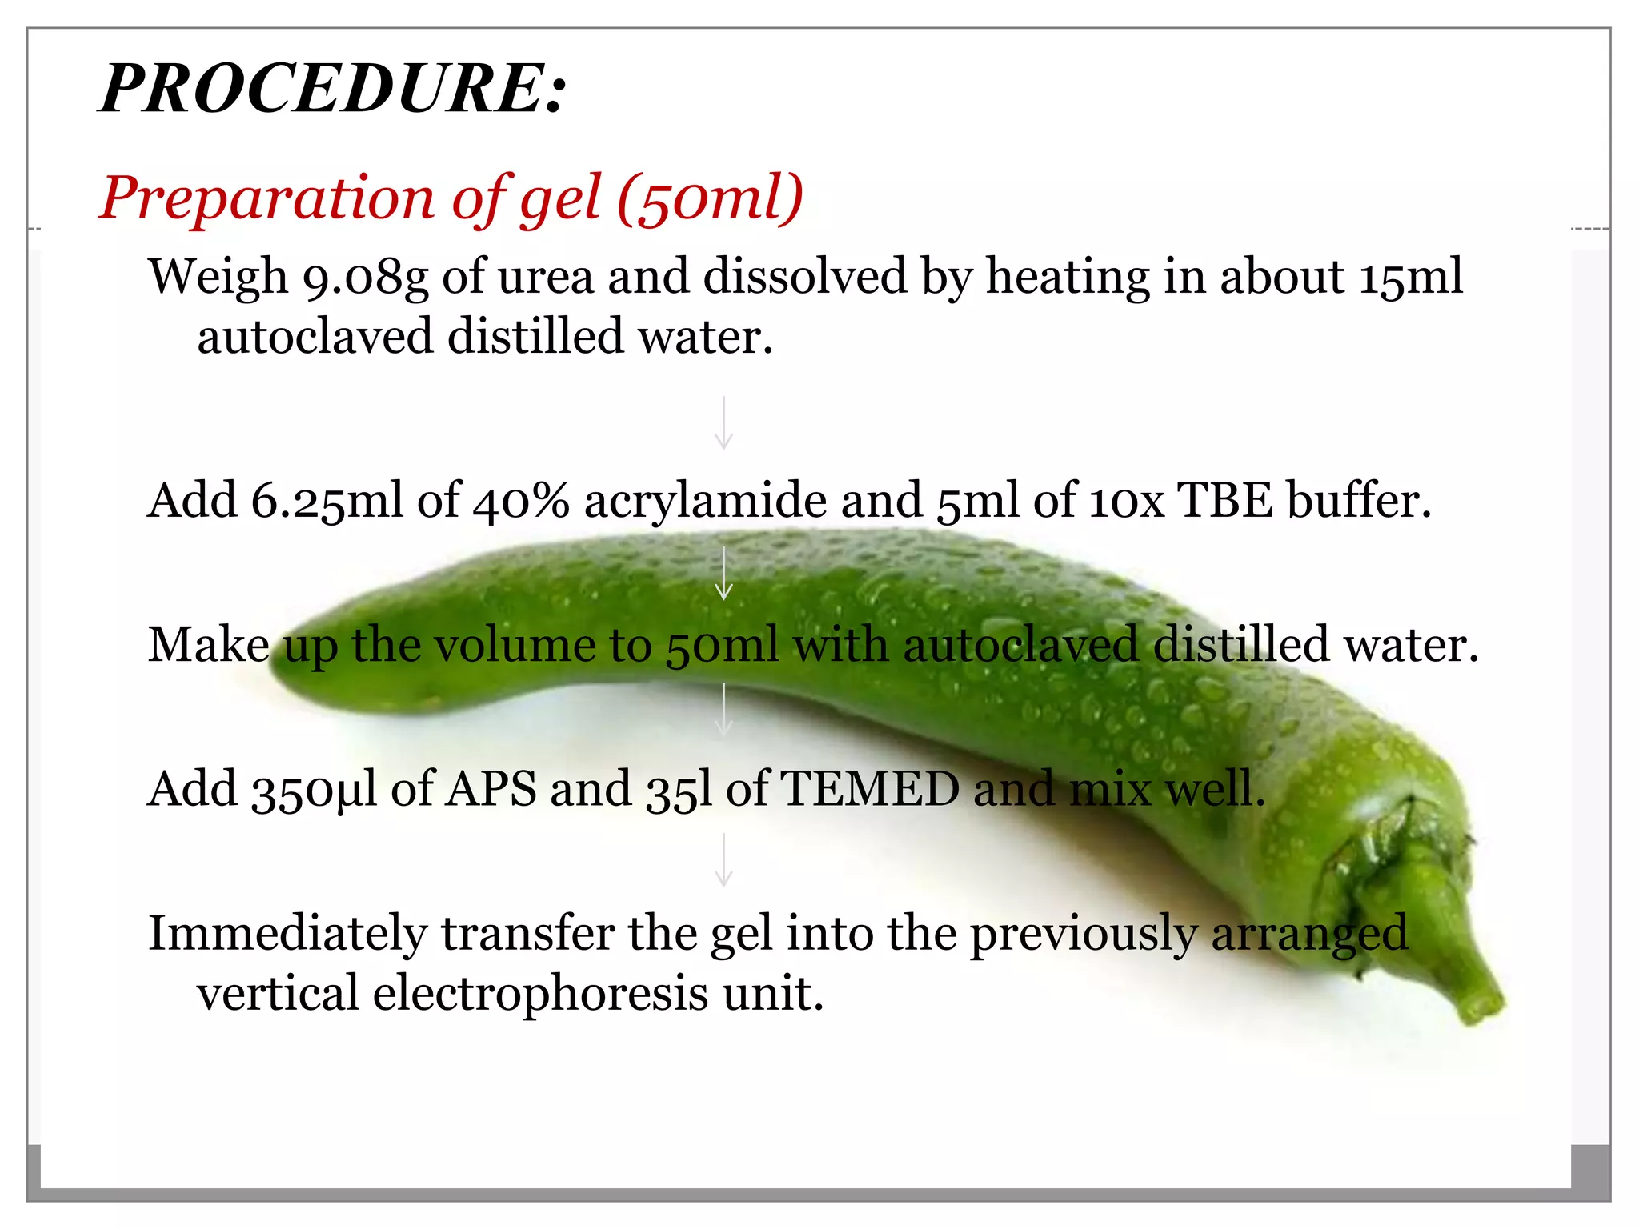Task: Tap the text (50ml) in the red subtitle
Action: point(709,198)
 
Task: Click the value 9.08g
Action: point(365,278)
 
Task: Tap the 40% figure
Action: point(521,502)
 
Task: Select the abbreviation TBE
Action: point(1225,502)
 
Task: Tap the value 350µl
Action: point(314,790)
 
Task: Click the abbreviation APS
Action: point(491,790)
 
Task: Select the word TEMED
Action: point(869,790)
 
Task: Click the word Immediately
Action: point(288,934)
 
